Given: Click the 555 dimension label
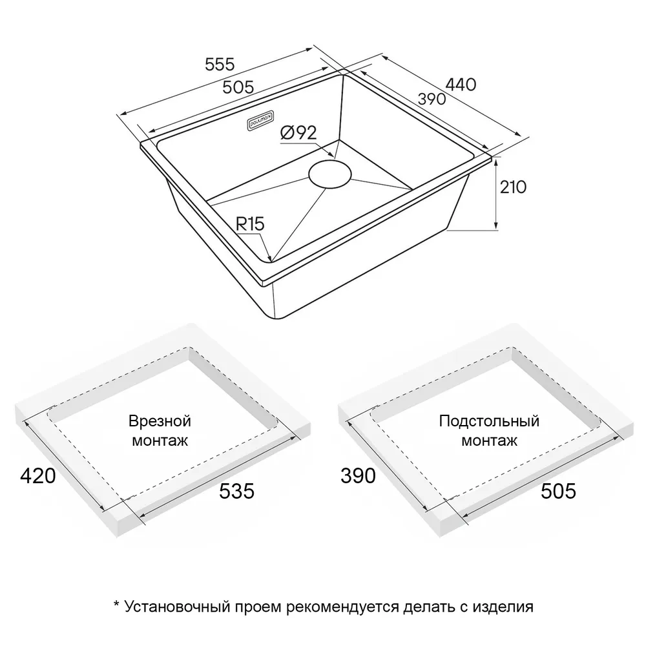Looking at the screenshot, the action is click(x=220, y=64).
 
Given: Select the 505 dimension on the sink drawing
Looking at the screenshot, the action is click(x=238, y=87).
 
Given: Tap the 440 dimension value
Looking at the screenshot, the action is click(x=461, y=85).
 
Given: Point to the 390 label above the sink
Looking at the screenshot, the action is click(x=432, y=99).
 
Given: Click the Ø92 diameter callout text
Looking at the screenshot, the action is click(x=298, y=132).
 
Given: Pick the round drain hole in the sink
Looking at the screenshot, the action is click(x=330, y=174).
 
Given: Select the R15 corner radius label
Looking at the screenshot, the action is click(x=249, y=224).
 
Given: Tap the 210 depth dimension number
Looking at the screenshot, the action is click(x=513, y=187).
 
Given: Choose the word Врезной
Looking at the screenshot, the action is click(x=160, y=421).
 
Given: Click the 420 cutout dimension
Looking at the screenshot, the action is click(x=38, y=476).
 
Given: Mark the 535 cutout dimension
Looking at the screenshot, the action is click(x=236, y=491).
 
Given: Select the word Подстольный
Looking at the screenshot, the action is click(x=489, y=421).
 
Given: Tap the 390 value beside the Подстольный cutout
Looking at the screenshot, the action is click(x=358, y=476).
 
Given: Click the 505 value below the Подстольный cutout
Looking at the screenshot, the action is click(x=558, y=491).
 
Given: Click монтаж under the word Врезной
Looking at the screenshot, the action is click(x=160, y=441).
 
